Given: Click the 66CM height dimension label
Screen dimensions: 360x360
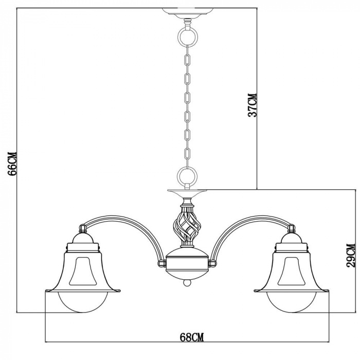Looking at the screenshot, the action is coord(12,164).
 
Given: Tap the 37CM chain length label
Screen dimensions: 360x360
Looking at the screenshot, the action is coord(252,105).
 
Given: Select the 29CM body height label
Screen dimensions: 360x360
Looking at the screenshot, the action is coord(351,255).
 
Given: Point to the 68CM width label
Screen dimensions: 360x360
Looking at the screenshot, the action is coord(192,337).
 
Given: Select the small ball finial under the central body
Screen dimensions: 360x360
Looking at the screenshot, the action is coord(187,282).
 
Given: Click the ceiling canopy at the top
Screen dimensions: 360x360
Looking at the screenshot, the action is coord(187,13).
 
